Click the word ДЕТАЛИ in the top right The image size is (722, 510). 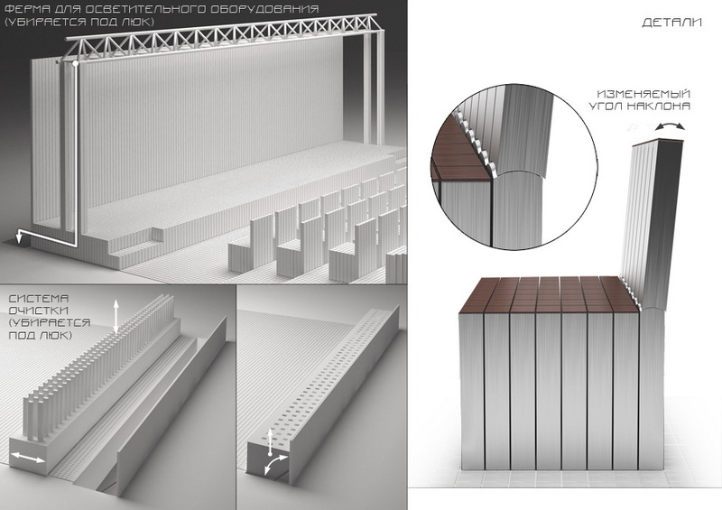pyautogui.click(x=671, y=23)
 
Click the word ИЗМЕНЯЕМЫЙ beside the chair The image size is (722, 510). pyautogui.click(x=643, y=94)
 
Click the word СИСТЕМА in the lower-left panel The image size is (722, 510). pyautogui.click(x=39, y=299)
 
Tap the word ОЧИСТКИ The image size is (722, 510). pyautogui.click(x=39, y=311)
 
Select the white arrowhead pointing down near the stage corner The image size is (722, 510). pyautogui.click(x=19, y=237)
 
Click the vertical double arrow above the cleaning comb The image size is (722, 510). pyautogui.click(x=116, y=315)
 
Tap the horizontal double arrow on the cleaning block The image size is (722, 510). pyautogui.click(x=28, y=458)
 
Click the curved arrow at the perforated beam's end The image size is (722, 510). pyautogui.click(x=275, y=464)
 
